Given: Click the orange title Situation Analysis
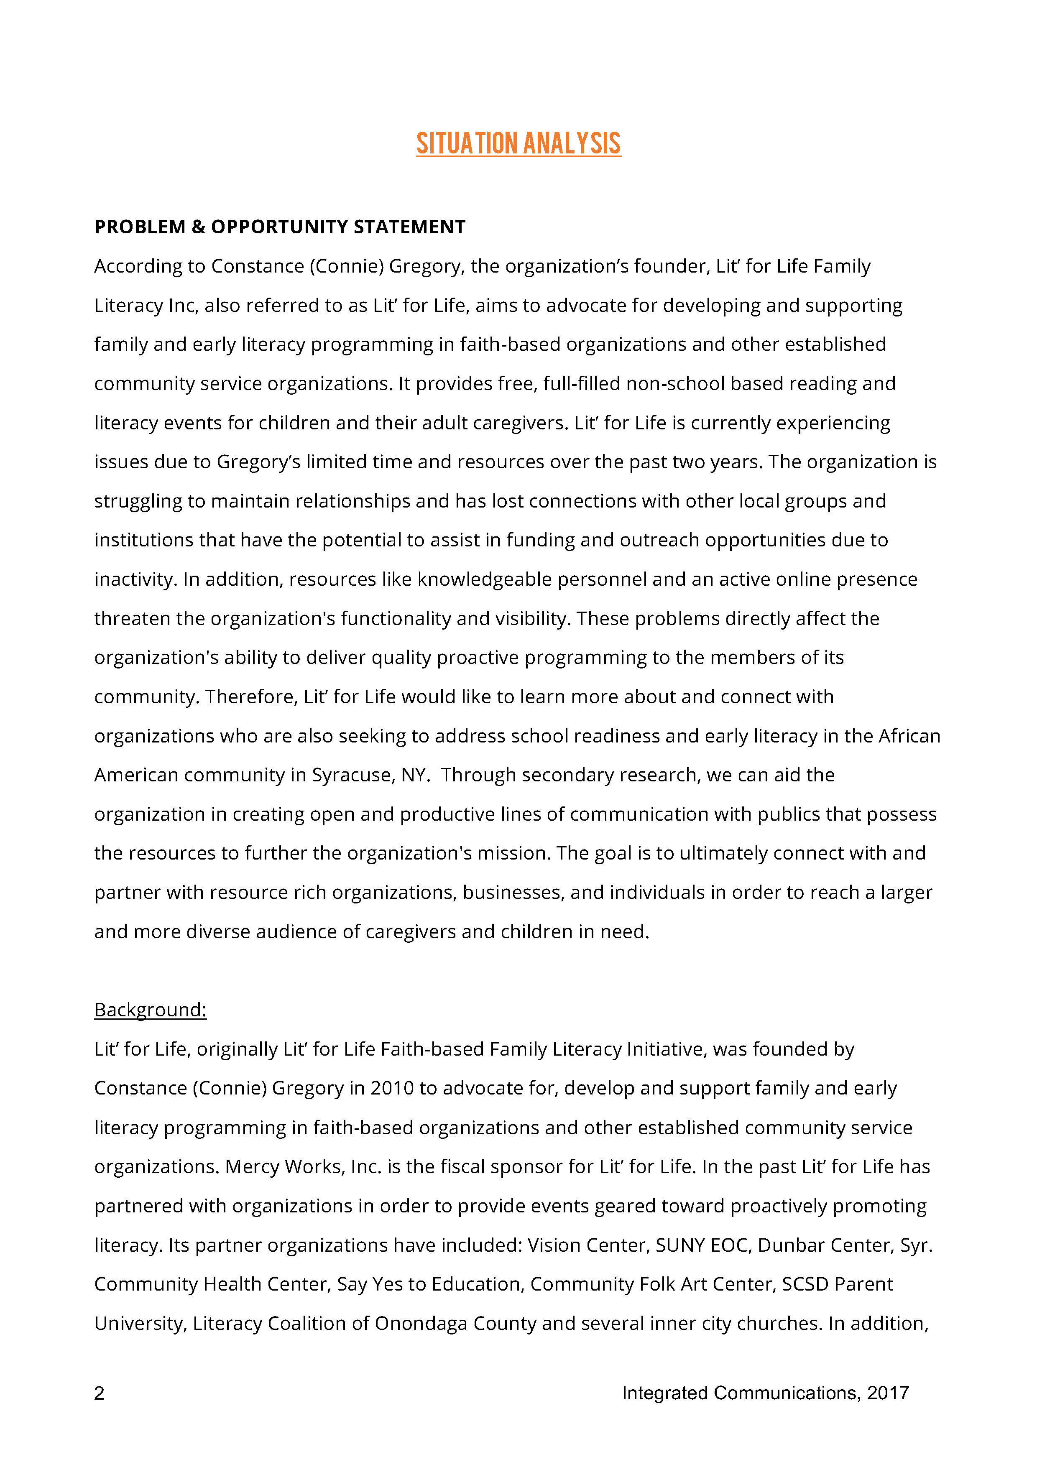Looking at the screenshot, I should coord(518,143).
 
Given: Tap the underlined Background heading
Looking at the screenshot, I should coord(150,1010).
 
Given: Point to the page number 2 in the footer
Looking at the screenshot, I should coord(99,1393).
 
